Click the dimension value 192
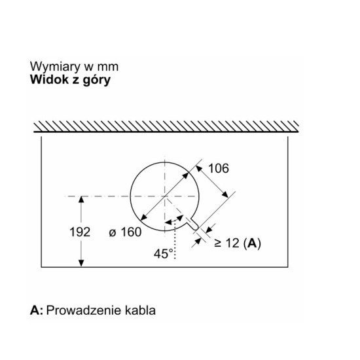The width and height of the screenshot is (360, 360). coord(80,232)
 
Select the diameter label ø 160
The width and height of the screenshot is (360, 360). coord(125,232)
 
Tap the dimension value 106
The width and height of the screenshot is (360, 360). coord(219,168)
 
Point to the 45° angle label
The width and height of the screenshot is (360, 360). coord(164,254)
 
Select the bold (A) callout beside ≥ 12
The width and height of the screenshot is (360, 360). coord(252,243)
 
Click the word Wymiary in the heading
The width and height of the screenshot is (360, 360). coord(55,67)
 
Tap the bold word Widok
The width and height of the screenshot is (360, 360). coord(49,79)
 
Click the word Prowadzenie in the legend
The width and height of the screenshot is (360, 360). coord(84,310)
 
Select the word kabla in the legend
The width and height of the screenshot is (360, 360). coord(140,310)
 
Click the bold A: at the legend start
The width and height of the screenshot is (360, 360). coord(37,310)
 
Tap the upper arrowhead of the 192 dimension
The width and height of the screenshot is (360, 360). coord(81,199)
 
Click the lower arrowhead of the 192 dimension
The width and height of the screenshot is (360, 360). coord(81,263)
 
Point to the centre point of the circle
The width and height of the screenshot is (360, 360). coord(164,196)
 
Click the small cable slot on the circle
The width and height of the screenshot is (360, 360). coord(193,224)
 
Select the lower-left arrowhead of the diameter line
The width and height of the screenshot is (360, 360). coord(143,217)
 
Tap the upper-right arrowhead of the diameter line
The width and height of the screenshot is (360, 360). coord(186,175)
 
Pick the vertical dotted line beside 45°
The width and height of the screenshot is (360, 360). coord(175,239)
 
